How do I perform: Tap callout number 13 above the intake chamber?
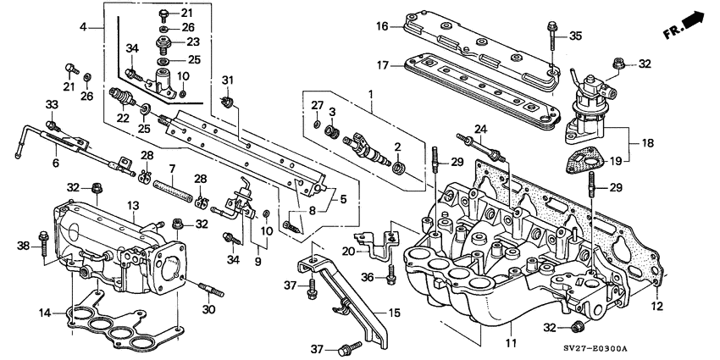[133, 206]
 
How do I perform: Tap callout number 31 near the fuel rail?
[226, 80]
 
